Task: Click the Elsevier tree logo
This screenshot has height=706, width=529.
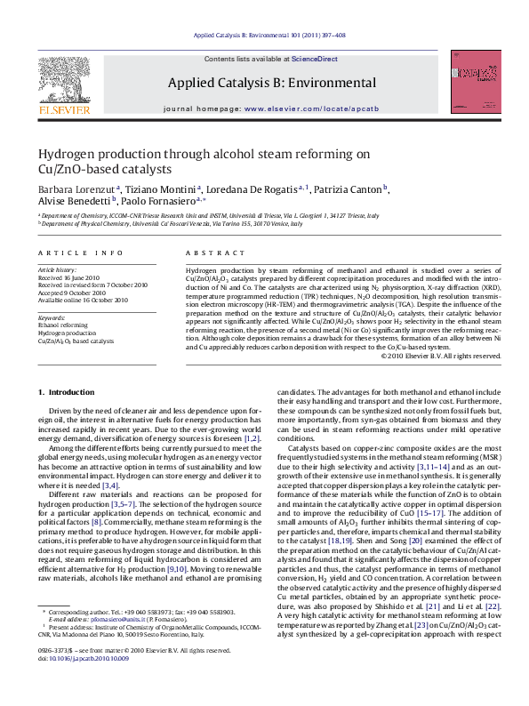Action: pos(63,84)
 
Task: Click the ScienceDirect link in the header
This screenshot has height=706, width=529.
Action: pos(315,58)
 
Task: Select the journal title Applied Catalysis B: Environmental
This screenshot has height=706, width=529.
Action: pos(271,83)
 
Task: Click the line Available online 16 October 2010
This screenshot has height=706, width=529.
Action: pos(84,301)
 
